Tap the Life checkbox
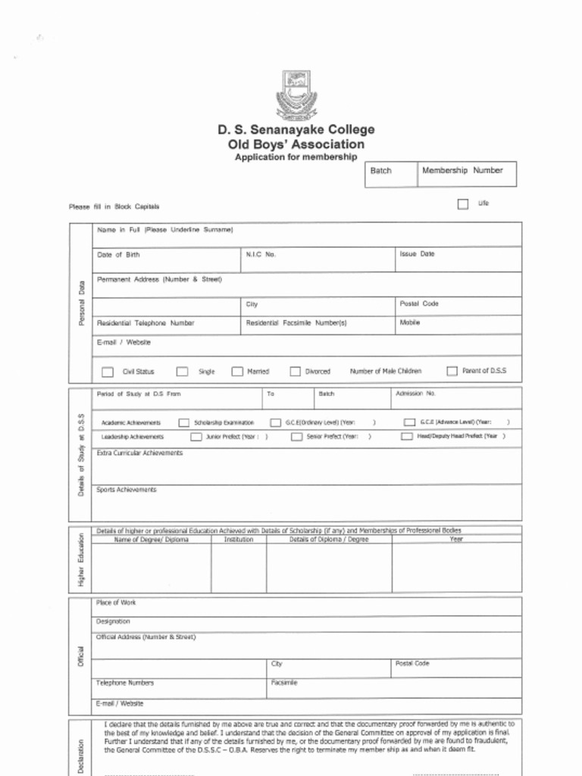coord(463,204)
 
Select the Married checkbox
coord(237,371)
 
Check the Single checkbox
coord(183,371)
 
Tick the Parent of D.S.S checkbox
coord(452,371)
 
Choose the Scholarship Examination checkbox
coord(184,422)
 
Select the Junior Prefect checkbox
coord(196,436)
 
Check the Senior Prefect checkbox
coord(296,436)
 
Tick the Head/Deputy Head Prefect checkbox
coord(407,436)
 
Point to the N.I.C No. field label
coord(261,255)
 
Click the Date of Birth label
coord(118,255)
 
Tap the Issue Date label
coord(417,254)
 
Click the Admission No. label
coord(416,393)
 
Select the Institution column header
coord(239,540)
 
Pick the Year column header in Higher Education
coord(456,540)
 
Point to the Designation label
coord(113,621)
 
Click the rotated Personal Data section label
coord(81,304)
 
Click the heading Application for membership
coord(296,157)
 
